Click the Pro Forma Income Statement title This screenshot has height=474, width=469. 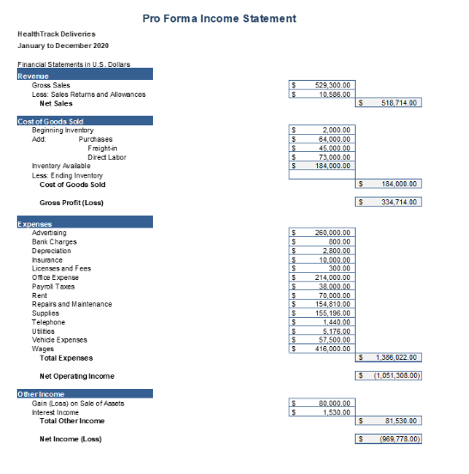click(x=232, y=18)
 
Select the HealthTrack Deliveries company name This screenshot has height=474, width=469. click(x=56, y=33)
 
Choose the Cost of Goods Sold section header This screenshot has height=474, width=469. click(x=51, y=121)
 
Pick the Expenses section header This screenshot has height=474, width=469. click(x=35, y=224)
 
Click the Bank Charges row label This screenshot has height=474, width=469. click(x=54, y=242)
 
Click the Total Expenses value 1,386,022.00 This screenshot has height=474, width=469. click(x=394, y=357)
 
